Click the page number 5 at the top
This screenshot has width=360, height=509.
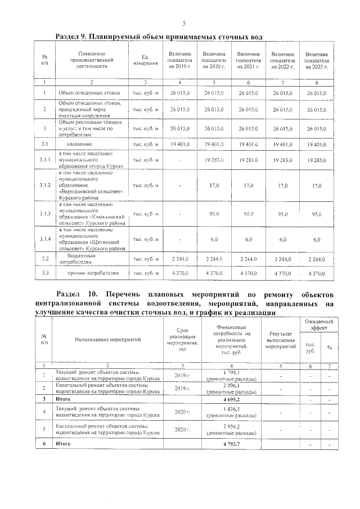click(184, 23)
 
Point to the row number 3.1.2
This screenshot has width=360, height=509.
click(44, 185)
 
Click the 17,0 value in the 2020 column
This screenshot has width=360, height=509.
click(214, 185)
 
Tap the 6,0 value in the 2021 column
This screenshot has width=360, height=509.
click(248, 240)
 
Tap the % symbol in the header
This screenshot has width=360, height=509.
click(330, 347)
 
